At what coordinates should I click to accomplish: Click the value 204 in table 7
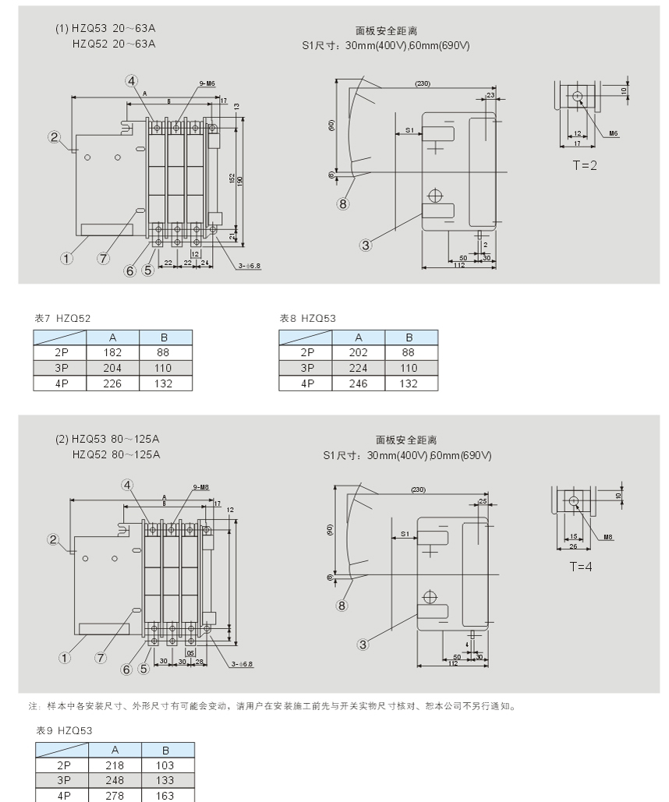[x=112, y=368]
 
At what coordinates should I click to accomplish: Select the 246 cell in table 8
[x=359, y=383]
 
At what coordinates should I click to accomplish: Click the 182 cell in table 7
[x=112, y=353]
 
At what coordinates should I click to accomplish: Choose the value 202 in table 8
[x=359, y=353]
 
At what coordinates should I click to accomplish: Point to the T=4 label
[x=579, y=566]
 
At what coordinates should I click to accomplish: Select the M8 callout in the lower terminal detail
[x=608, y=537]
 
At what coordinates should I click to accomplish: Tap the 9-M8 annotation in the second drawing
[x=200, y=487]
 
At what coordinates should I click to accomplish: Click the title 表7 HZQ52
[x=63, y=318]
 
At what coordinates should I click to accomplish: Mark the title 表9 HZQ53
[x=64, y=730]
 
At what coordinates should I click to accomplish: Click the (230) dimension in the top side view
[x=423, y=83]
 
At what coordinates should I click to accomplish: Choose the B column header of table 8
[x=411, y=337]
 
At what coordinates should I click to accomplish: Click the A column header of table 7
[x=112, y=337]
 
